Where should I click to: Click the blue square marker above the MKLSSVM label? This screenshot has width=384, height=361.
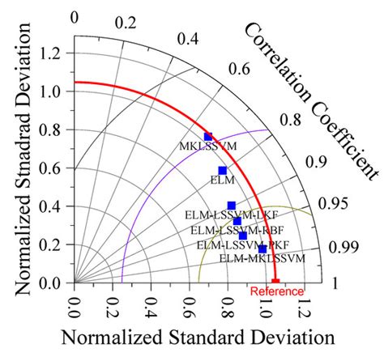pos(208,137)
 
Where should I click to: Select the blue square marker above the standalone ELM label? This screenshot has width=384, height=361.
pos(223,170)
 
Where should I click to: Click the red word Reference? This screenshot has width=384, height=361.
pos(276,291)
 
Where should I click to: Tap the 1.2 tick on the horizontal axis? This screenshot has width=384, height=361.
pos(304,307)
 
